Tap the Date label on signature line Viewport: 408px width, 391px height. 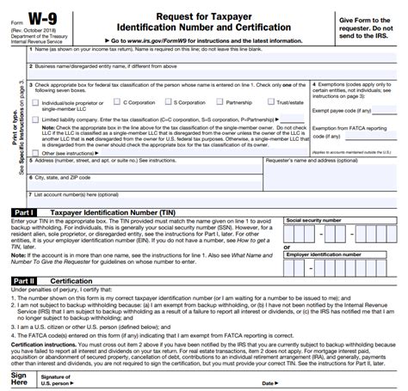point(268,383)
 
